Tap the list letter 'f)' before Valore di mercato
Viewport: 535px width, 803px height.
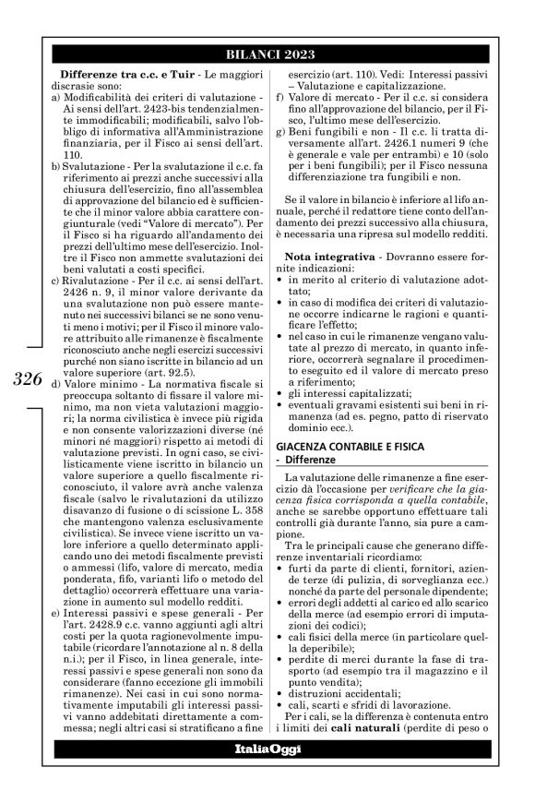click(x=280, y=96)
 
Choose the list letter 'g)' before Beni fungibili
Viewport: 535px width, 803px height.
click(x=281, y=132)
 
